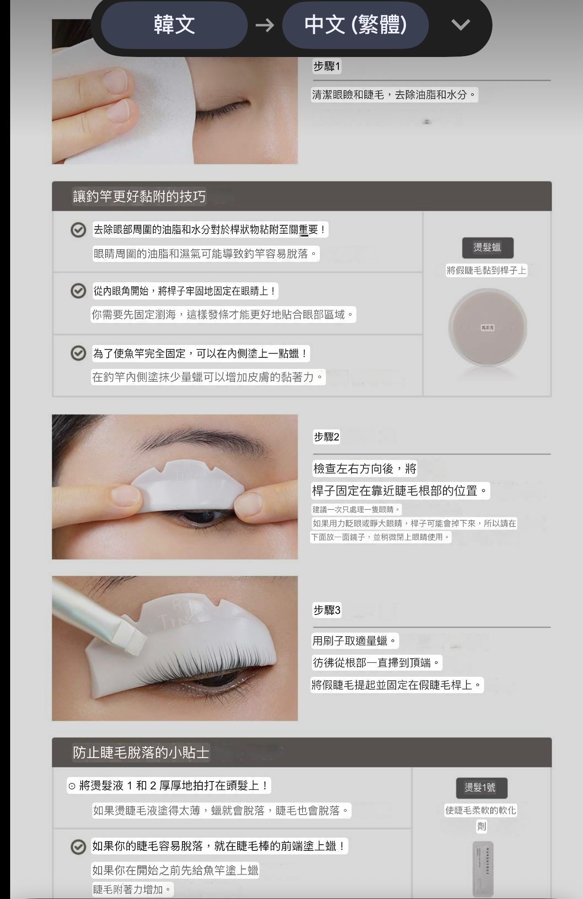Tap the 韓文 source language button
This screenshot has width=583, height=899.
pos(174,25)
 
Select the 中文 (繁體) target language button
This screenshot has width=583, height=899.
pos(355,25)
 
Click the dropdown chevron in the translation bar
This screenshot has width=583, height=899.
pos(461,25)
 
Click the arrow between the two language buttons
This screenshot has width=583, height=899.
pos(265,25)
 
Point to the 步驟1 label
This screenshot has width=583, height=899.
pos(327,66)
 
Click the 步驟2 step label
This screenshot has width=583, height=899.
pos(326,437)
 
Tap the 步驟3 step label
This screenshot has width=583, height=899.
pos(327,610)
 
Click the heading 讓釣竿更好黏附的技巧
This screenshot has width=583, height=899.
pos(139,196)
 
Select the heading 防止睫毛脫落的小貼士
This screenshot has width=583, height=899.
pos(141,752)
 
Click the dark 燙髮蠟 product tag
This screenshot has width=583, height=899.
pos(487,247)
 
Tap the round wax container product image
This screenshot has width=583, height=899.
pos(487,328)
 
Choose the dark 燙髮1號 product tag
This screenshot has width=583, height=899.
pos(481,787)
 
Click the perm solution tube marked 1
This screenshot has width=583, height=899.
pos(482,868)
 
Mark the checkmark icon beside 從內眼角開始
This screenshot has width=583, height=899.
pos(78,291)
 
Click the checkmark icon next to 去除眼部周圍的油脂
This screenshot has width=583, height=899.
pos(78,230)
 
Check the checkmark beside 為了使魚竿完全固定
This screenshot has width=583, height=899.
pos(78,353)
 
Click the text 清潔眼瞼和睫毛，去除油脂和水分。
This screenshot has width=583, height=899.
pos(394,95)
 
